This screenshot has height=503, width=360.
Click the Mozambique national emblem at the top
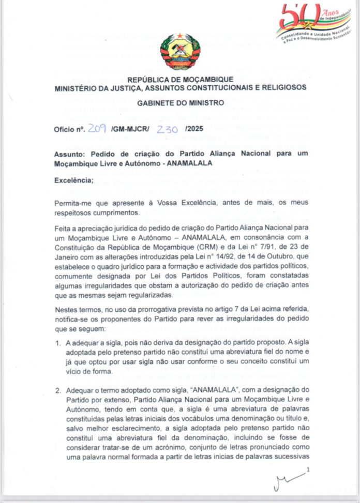click(x=180, y=51)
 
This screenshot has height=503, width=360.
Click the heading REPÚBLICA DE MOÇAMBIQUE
click(x=180, y=79)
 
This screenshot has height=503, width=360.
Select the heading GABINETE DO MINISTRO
click(x=181, y=103)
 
